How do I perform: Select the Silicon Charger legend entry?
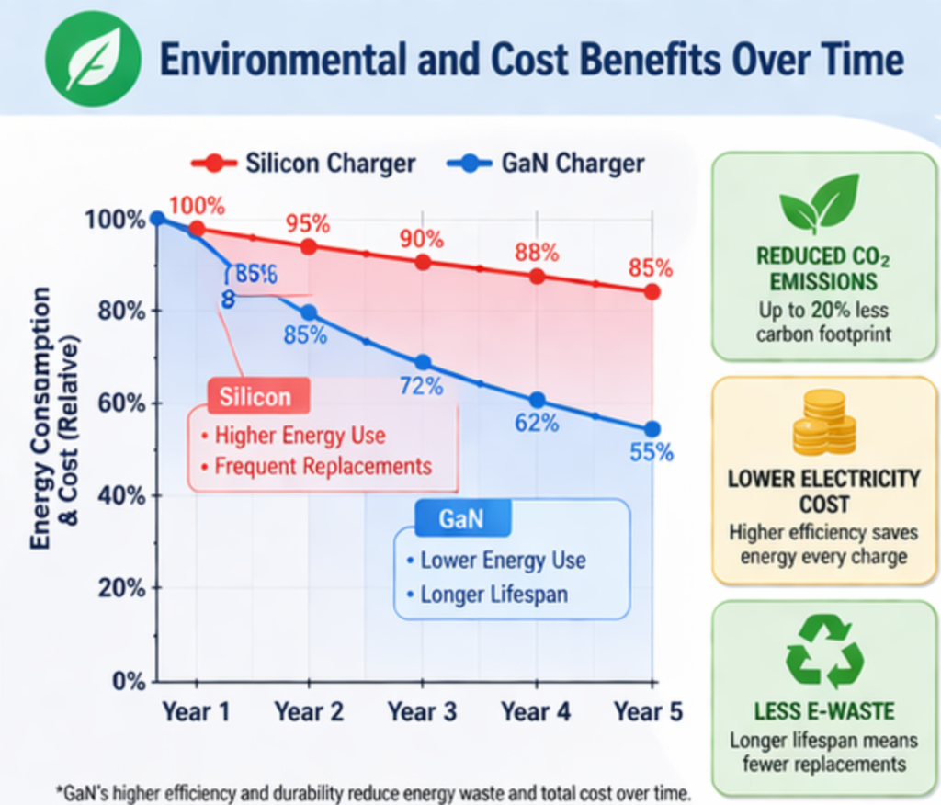[x=303, y=164]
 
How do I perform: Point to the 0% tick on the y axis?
[x=127, y=681]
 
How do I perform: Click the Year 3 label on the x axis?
[x=423, y=712]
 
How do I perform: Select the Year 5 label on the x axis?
[x=649, y=712]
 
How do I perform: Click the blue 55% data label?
[x=652, y=452]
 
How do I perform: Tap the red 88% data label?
[x=537, y=252]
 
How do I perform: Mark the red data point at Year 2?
[x=309, y=246]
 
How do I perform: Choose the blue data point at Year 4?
[x=538, y=400]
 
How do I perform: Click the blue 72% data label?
[x=422, y=386]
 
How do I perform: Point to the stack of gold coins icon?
[x=824, y=424]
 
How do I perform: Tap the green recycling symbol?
[x=824, y=651]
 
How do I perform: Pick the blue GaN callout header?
[x=460, y=518]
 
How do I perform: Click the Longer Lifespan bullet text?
[x=493, y=595]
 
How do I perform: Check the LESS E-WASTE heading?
[x=824, y=711]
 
